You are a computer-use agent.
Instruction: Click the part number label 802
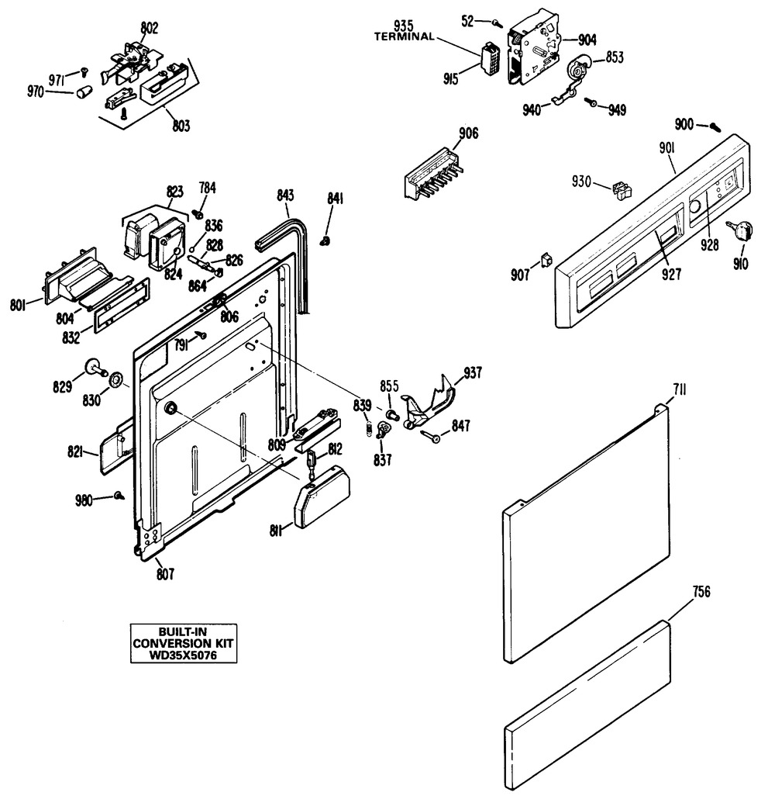click(150, 29)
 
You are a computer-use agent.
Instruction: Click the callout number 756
click(702, 593)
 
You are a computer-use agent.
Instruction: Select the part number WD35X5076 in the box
click(183, 655)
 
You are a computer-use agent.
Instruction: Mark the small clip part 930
click(619, 187)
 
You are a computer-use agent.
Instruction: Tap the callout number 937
click(472, 373)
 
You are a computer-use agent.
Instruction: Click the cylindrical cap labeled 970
click(84, 94)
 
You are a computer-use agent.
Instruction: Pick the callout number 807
click(165, 575)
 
